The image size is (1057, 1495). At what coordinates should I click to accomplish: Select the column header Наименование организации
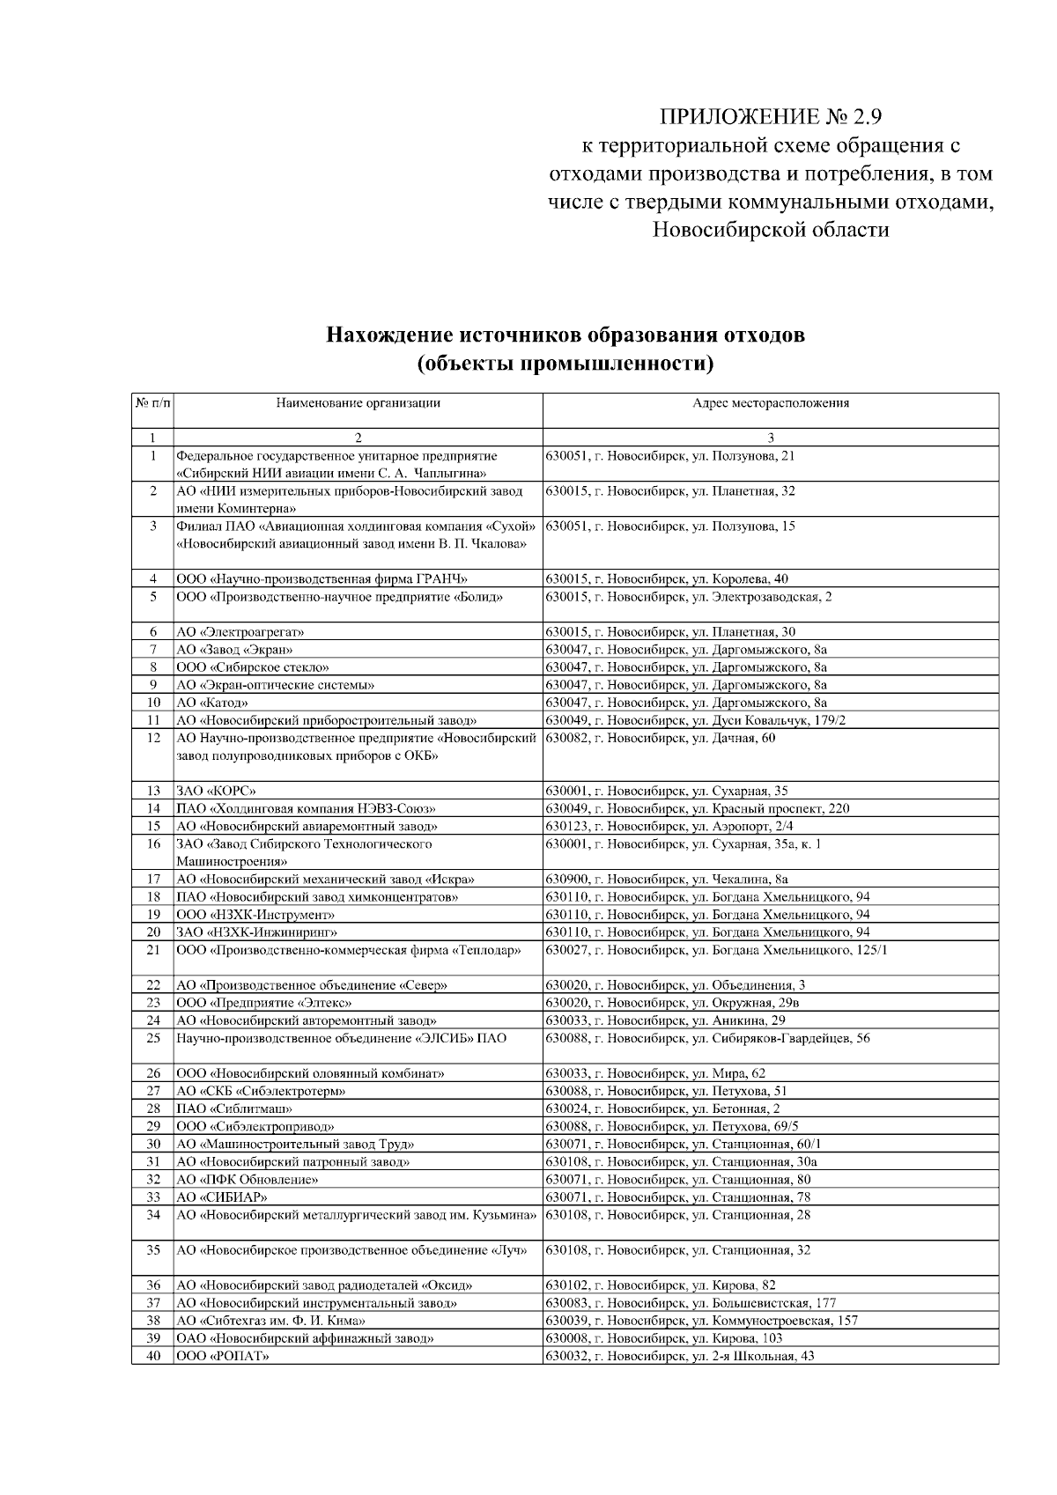358,403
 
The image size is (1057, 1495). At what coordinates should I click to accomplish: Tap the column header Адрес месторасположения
771,403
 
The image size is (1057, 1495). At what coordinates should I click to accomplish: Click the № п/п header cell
152,403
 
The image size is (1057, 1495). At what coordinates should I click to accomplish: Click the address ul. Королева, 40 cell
667,579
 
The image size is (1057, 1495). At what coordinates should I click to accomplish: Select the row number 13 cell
153,791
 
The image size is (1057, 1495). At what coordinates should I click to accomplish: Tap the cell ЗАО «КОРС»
217,791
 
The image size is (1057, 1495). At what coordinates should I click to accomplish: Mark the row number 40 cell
153,1356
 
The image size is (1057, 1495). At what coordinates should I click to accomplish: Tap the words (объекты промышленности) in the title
565,363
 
